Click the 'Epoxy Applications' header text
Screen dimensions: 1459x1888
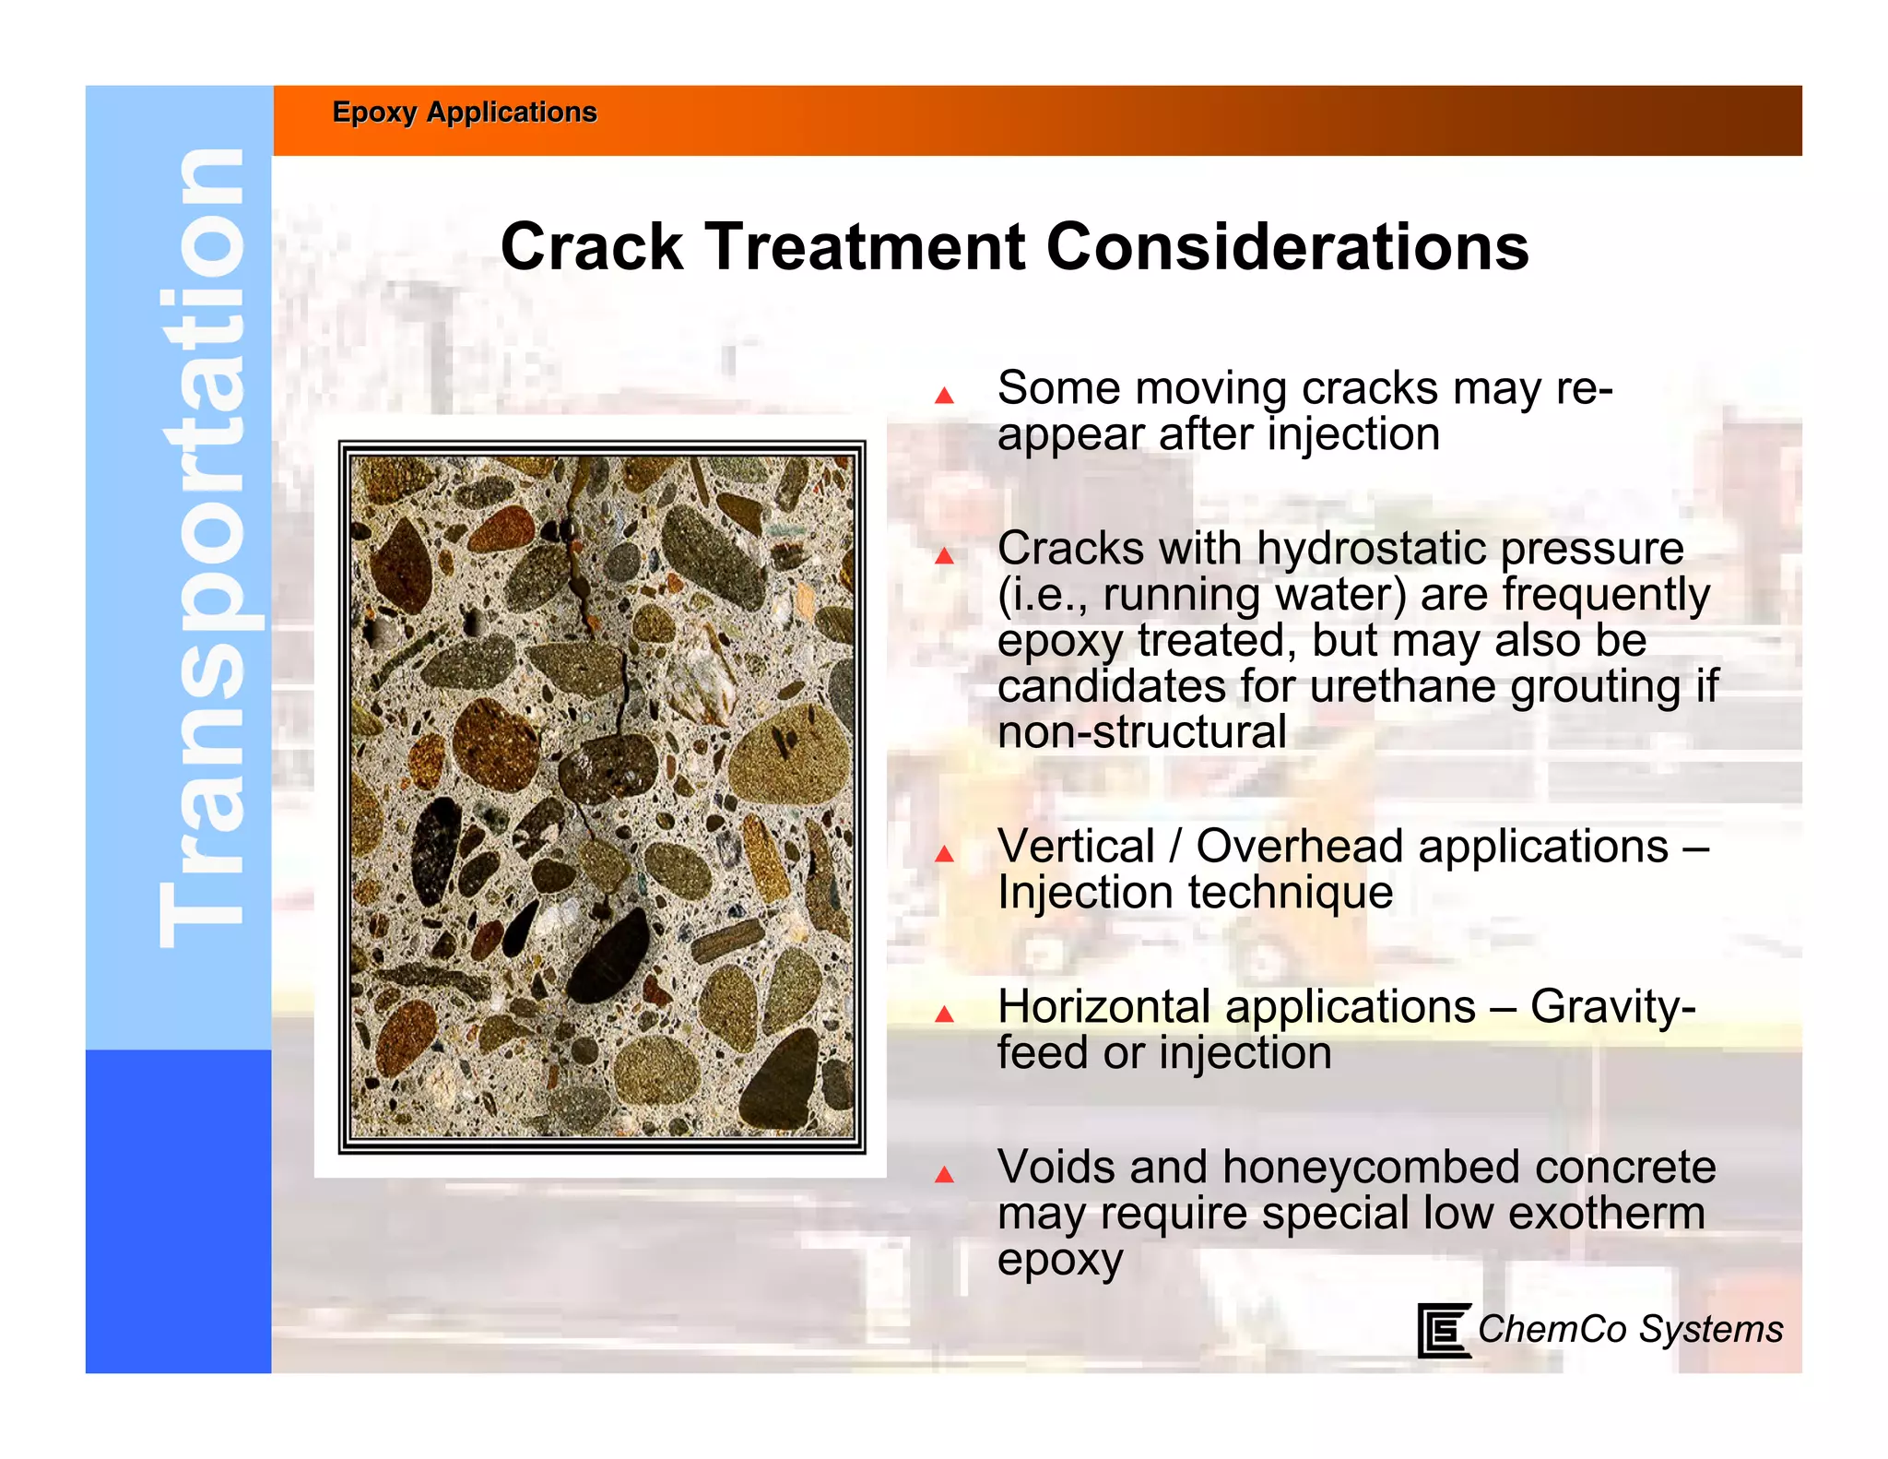[465, 113]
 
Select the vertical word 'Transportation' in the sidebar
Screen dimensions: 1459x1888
[200, 549]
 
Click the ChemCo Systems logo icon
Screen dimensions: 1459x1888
[1443, 1330]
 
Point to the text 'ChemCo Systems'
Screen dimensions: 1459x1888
[1630, 1329]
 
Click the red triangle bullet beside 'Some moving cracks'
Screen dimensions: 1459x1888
[944, 396]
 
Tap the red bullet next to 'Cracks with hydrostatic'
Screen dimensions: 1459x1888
[944, 555]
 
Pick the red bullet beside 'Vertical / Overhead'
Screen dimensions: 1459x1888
[944, 854]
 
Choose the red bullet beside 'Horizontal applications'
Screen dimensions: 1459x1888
[944, 1014]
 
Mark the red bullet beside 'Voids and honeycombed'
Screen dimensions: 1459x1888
[944, 1175]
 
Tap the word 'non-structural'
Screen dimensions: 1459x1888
[1141, 733]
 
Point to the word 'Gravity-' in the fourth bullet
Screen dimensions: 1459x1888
[1612, 1007]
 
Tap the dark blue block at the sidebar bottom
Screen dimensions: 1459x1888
[178, 1210]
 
